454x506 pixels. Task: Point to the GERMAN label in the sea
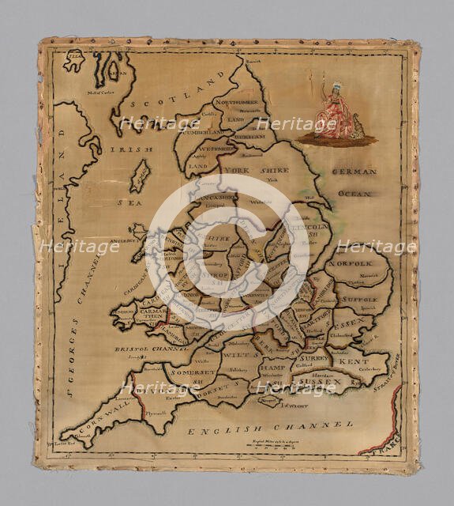(354, 172)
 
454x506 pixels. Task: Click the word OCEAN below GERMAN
(355, 193)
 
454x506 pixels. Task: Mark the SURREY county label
(313, 357)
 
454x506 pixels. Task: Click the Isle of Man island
(141, 174)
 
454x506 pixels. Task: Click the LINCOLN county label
(304, 227)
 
